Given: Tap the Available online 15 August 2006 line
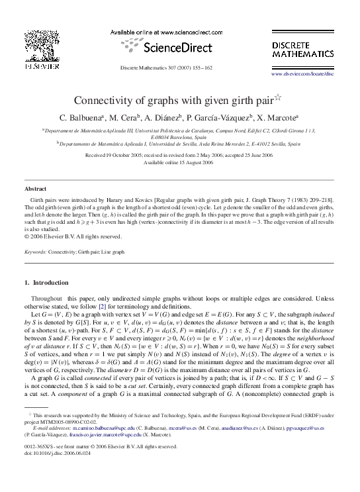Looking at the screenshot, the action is coord(179,162).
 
